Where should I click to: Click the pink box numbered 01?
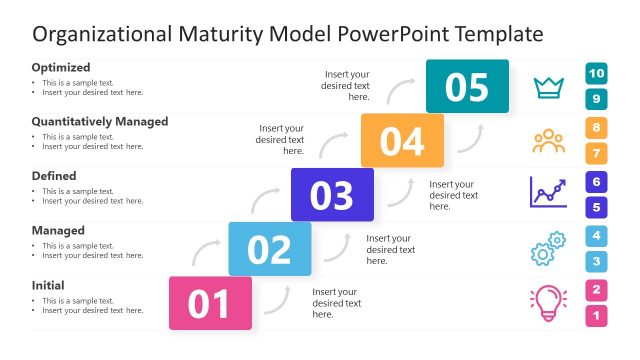click(210, 303)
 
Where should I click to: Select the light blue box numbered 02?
click(270, 249)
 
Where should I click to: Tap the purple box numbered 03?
click(332, 195)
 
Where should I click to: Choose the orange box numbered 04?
click(402, 141)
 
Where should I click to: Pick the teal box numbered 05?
click(467, 87)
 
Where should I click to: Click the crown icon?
click(548, 87)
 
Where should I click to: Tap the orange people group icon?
click(548, 141)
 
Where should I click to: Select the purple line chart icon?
click(548, 193)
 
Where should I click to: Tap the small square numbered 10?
click(597, 73)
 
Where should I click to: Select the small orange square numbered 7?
click(597, 154)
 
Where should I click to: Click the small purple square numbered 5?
click(597, 208)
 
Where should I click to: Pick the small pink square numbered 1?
click(597, 316)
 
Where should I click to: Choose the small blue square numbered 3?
click(597, 262)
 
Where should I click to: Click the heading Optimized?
click(61, 67)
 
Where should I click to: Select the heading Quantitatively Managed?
click(100, 122)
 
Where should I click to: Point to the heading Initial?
click(48, 285)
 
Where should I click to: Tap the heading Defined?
click(54, 176)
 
